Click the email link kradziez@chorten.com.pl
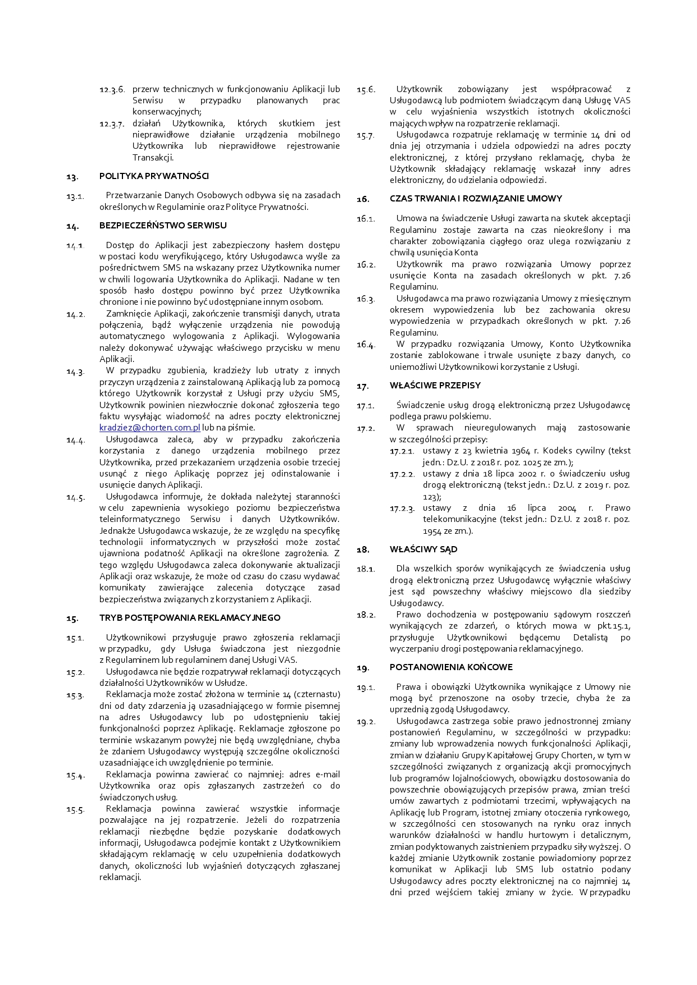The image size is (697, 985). [x=149, y=428]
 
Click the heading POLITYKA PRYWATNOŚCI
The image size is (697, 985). [x=154, y=176]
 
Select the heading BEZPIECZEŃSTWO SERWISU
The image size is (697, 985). [x=163, y=225]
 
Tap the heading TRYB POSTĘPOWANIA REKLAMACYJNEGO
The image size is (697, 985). [x=190, y=618]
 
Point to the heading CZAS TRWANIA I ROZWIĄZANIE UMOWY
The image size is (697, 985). [x=475, y=199]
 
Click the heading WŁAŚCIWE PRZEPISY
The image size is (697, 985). [x=435, y=386]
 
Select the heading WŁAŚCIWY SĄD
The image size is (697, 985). [x=423, y=549]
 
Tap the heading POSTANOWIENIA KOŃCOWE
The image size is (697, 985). [x=450, y=667]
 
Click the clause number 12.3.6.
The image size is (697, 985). [x=112, y=90]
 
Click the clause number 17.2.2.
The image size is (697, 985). [x=402, y=474]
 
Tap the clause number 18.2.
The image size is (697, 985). [x=366, y=615]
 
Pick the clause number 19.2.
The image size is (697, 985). [x=366, y=722]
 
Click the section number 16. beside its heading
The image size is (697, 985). [x=363, y=199]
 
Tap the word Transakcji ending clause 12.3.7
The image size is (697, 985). [x=153, y=158]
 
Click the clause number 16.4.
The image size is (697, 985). [x=366, y=345]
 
